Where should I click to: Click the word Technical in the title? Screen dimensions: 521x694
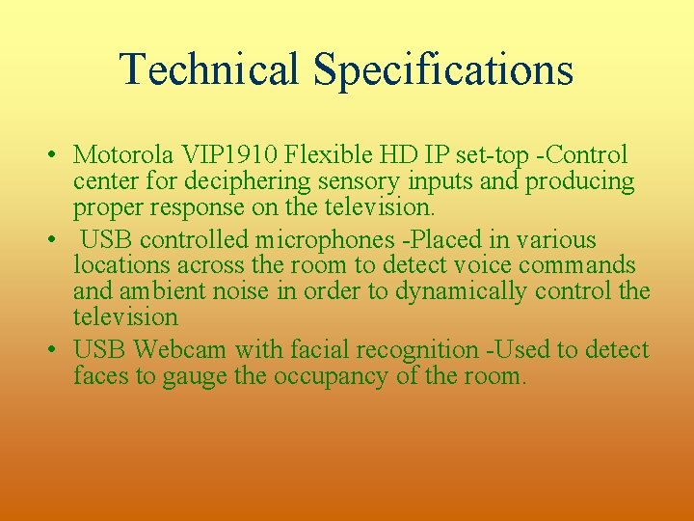[209, 69]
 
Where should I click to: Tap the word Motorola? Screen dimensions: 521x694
[121, 155]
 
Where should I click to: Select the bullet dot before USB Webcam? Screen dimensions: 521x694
[48, 350]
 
